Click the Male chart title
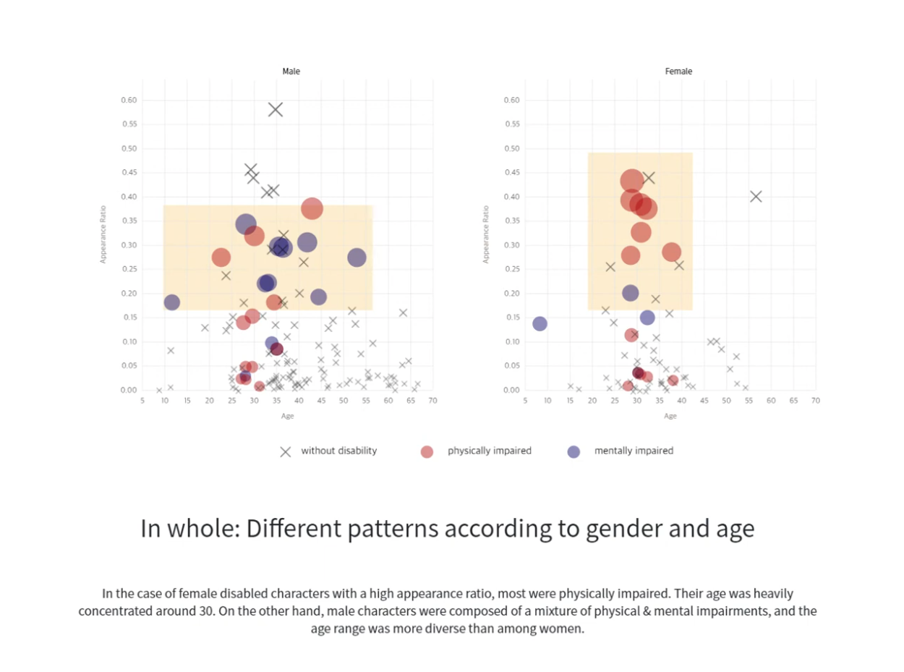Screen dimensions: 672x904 pyautogui.click(x=291, y=72)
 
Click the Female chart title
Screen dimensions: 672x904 pyautogui.click(x=678, y=72)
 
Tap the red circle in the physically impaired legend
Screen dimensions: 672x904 pyautogui.click(x=427, y=451)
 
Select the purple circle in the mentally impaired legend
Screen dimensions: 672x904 pyautogui.click(x=573, y=451)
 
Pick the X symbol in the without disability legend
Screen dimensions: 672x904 pyautogui.click(x=286, y=451)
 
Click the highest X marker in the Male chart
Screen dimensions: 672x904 pyautogui.click(x=275, y=110)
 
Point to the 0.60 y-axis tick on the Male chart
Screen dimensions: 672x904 pyautogui.click(x=129, y=101)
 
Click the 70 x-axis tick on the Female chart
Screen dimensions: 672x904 pyautogui.click(x=816, y=401)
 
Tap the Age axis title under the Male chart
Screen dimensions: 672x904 pyautogui.click(x=287, y=416)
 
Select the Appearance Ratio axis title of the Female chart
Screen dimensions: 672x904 pyautogui.click(x=486, y=234)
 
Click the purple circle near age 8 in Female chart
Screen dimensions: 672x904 pyautogui.click(x=540, y=323)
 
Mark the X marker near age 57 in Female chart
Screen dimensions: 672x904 pyautogui.click(x=756, y=196)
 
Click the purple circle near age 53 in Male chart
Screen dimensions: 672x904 pyautogui.click(x=357, y=258)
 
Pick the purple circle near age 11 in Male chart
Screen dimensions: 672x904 pyautogui.click(x=171, y=302)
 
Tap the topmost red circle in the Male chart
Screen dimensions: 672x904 pyautogui.click(x=312, y=209)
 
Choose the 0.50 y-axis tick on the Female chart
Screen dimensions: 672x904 pyautogui.click(x=512, y=149)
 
